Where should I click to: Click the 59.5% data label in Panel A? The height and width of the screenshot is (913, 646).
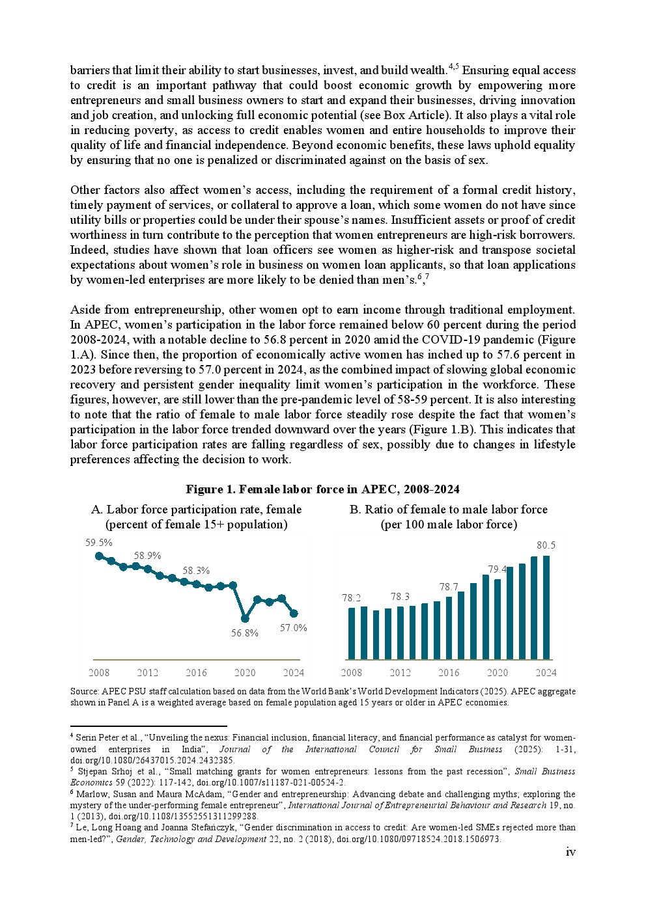[99, 543]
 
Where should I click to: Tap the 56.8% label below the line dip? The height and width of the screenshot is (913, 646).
[245, 633]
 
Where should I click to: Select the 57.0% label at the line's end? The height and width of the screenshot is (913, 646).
[294, 628]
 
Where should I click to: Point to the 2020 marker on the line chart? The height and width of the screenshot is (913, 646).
[245, 618]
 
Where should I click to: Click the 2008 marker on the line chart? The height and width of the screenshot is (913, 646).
[99, 556]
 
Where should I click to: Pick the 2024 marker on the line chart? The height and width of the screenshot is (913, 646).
[294, 613]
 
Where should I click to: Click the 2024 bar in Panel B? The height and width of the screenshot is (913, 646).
[546, 607]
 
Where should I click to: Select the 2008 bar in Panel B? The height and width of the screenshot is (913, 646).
[352, 633]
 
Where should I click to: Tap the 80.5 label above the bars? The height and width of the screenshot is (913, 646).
[546, 545]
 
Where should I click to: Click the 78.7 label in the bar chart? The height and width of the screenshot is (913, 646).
[449, 587]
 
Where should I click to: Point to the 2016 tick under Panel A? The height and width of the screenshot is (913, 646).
[196, 673]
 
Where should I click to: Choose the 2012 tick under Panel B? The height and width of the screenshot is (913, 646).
[400, 673]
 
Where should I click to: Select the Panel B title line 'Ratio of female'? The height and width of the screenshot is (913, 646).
[448, 510]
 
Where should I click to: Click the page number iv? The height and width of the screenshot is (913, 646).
[570, 852]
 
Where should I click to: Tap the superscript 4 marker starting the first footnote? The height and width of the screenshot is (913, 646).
[72, 735]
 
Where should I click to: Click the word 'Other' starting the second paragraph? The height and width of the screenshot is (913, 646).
[85, 190]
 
